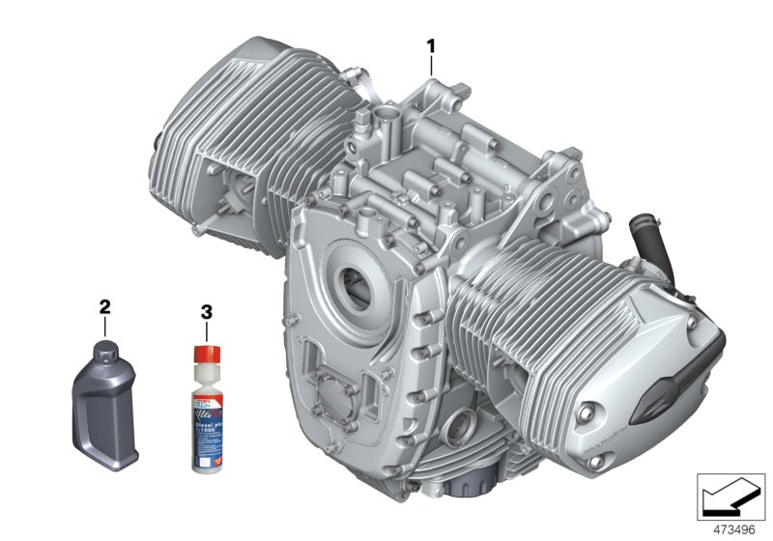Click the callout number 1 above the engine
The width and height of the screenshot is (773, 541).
pyautogui.click(x=432, y=44)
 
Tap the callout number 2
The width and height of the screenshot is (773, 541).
pyautogui.click(x=104, y=307)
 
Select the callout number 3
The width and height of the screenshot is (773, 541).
pyautogui.click(x=205, y=311)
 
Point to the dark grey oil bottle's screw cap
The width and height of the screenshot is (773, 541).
pyautogui.click(x=103, y=349)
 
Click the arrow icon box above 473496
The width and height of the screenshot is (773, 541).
pyautogui.click(x=730, y=496)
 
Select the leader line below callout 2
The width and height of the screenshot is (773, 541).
pyautogui.click(x=104, y=327)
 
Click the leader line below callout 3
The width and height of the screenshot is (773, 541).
pyautogui.click(x=204, y=330)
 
